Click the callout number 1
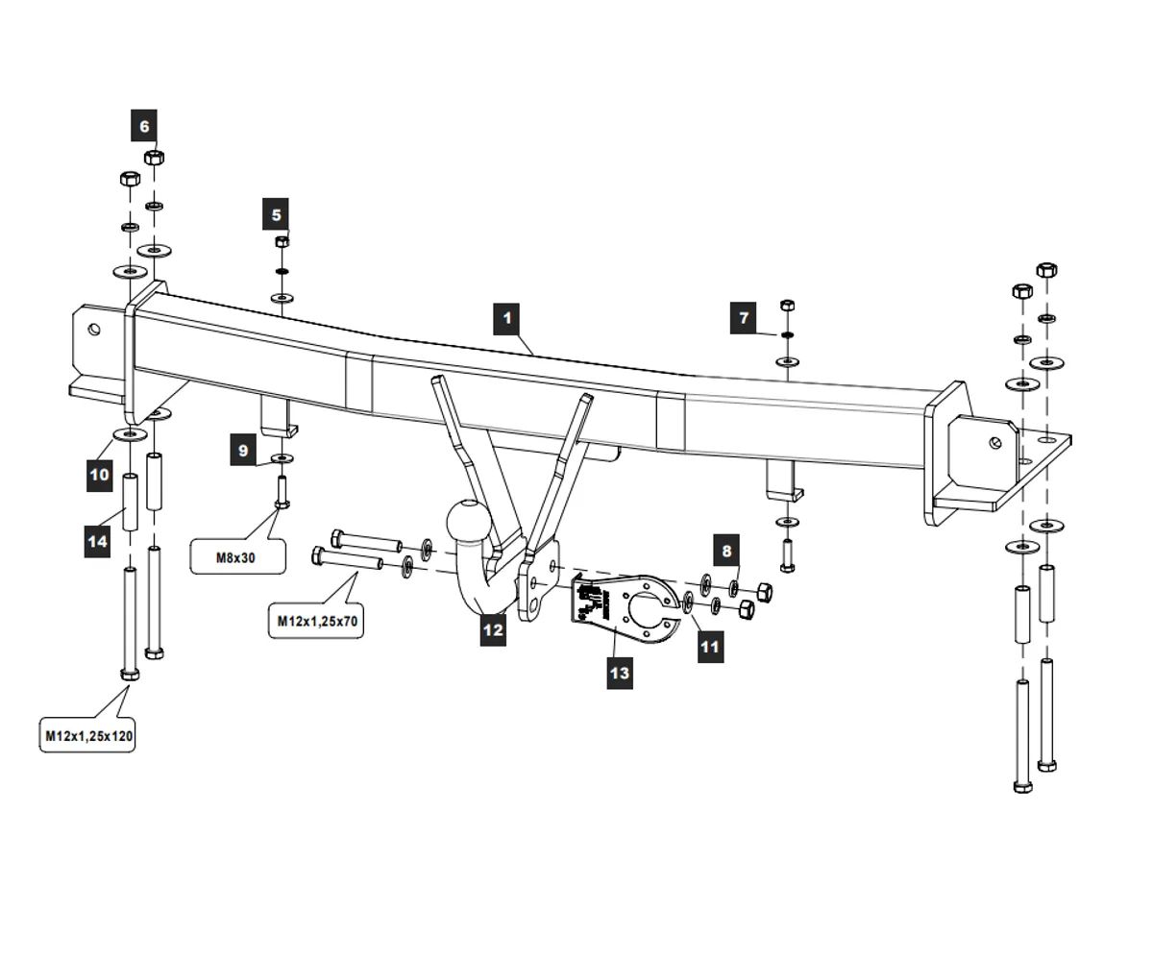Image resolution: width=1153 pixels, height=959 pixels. click(x=506, y=318)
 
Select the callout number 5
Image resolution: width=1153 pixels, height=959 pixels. click(x=276, y=214)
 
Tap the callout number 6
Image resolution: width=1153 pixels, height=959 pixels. click(x=144, y=125)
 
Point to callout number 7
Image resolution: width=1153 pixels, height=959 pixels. click(x=743, y=317)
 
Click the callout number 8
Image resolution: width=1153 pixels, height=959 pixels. click(x=726, y=551)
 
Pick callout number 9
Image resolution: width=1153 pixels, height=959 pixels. click(x=243, y=450)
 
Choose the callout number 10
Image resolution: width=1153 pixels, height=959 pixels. click(x=100, y=474)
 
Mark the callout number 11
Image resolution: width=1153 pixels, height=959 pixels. click(x=709, y=646)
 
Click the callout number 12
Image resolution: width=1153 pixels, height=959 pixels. click(x=493, y=629)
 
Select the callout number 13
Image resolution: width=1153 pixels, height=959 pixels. click(x=620, y=673)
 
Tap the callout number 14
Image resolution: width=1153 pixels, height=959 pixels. click(x=98, y=541)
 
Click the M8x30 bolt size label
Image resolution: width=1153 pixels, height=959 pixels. click(x=237, y=557)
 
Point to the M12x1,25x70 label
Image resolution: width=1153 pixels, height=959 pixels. click(x=317, y=621)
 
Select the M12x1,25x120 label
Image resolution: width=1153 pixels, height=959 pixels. click(x=88, y=737)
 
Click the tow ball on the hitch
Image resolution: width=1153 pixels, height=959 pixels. click(x=469, y=523)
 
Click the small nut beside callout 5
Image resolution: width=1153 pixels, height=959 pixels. click(x=282, y=241)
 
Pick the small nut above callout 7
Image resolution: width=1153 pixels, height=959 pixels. click(x=787, y=305)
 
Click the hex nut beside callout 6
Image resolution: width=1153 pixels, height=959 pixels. click(x=153, y=157)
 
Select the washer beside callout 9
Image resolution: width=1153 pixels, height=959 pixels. click(x=282, y=457)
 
